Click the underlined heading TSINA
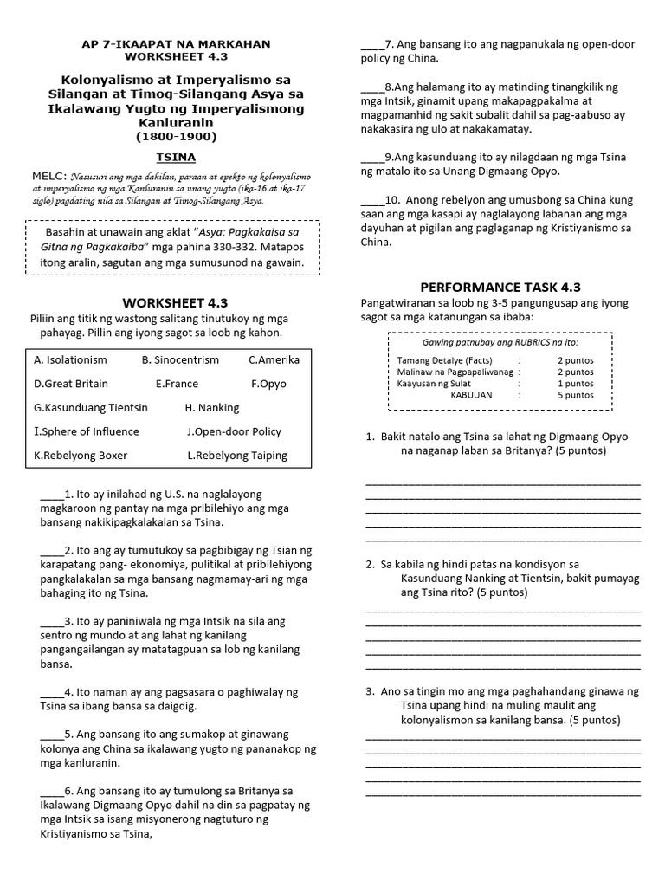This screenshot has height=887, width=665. (x=175, y=157)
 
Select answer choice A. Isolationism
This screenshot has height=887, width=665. (x=70, y=359)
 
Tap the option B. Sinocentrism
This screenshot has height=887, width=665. (x=180, y=359)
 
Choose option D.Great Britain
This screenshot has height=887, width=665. (x=71, y=384)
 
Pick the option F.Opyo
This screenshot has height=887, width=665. (x=268, y=384)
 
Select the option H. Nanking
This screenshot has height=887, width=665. (x=212, y=407)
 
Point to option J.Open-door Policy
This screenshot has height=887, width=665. (x=234, y=431)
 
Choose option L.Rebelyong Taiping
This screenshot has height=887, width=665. (x=237, y=455)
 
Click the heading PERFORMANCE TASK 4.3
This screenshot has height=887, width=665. (x=500, y=287)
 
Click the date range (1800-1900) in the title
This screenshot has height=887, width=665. (x=177, y=136)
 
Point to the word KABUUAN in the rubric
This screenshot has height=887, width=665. (x=471, y=394)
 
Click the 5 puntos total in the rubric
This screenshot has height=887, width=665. (x=576, y=394)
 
